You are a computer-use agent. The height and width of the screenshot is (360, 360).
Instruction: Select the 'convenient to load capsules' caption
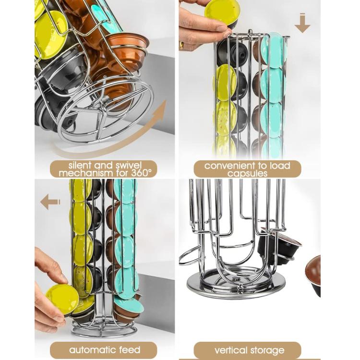[x=247, y=169]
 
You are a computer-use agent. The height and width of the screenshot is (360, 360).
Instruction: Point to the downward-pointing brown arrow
[x=302, y=24]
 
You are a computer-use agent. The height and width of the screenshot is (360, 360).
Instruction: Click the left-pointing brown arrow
[x=50, y=202]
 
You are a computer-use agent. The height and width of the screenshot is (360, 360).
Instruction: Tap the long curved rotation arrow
[x=115, y=139]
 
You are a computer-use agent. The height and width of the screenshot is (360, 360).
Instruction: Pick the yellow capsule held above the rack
[x=222, y=12]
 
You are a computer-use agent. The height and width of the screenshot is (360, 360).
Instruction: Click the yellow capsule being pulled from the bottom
[x=62, y=298]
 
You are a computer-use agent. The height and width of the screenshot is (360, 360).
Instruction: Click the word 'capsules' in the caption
[x=247, y=174]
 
